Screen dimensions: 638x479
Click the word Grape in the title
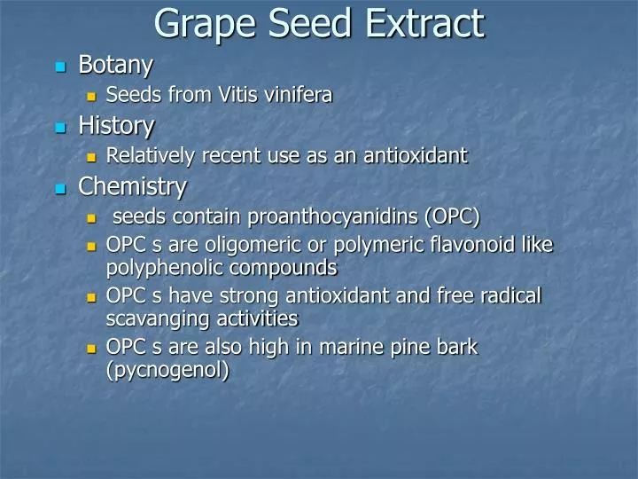pyautogui.click(x=206, y=25)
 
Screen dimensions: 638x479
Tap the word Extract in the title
pyautogui.click(x=425, y=23)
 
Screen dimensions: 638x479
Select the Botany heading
pyautogui.click(x=116, y=65)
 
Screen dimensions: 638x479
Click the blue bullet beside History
pyautogui.click(x=60, y=128)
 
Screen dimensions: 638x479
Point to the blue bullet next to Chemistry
pyautogui.click(x=60, y=189)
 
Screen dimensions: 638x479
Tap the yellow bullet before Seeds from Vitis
pyautogui.click(x=91, y=97)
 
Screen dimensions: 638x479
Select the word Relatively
pyautogui.click(x=151, y=156)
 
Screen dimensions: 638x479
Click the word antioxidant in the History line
pyautogui.click(x=416, y=155)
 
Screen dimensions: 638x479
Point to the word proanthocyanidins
pyautogui.click(x=333, y=216)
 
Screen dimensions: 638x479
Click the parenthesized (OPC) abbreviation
pyautogui.click(x=453, y=216)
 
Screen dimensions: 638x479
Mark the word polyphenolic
pyautogui.click(x=165, y=269)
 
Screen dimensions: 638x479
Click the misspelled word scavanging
pyautogui.click(x=159, y=319)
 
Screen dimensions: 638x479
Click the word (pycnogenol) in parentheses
pyautogui.click(x=167, y=371)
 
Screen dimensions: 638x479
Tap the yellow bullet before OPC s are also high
pyautogui.click(x=91, y=349)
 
